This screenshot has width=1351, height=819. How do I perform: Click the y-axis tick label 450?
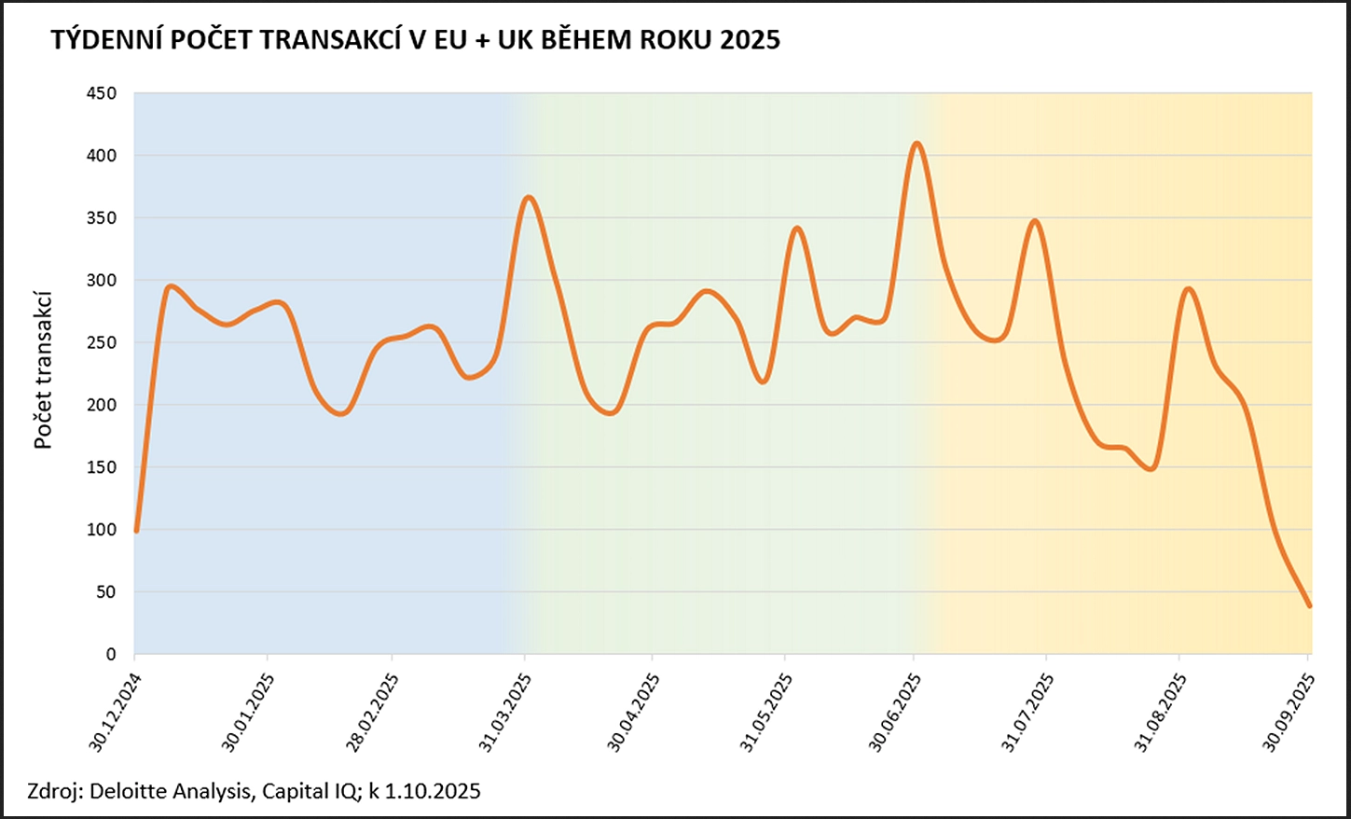pyautogui.click(x=100, y=93)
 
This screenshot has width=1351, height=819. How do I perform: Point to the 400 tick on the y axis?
pyautogui.click(x=100, y=156)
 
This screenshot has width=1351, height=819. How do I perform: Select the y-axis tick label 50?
pyautogui.click(x=104, y=592)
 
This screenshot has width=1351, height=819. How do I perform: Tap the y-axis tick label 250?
pyautogui.click(x=100, y=342)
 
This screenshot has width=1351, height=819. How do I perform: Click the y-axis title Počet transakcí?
pyautogui.click(x=43, y=370)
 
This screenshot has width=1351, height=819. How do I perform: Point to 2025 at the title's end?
pyautogui.click(x=750, y=40)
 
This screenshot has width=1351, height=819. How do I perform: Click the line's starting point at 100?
pyautogui.click(x=136, y=530)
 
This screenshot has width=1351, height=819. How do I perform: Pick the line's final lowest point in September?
pyautogui.click(x=1309, y=605)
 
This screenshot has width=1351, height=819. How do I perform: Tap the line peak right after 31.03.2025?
pyautogui.click(x=529, y=197)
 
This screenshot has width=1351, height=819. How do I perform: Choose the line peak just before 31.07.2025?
pyautogui.click(x=1034, y=220)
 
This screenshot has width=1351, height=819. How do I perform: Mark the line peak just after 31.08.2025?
pyautogui.click(x=1189, y=288)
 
